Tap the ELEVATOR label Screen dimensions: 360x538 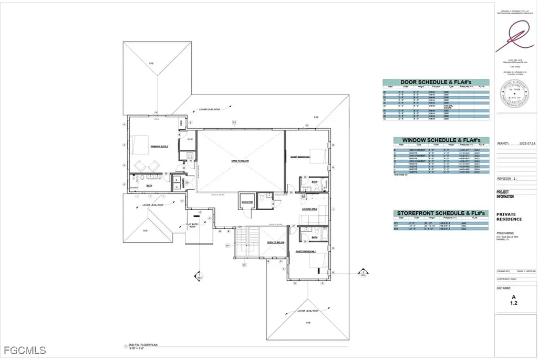[x=247, y=202]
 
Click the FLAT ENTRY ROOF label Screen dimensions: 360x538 [x=193, y=225]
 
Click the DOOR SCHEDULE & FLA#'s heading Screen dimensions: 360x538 [x=436, y=83]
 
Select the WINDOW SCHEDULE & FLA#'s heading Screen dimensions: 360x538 [x=441, y=141]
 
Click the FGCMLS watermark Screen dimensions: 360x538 [x=24, y=350]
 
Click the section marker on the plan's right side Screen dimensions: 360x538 [x=363, y=272]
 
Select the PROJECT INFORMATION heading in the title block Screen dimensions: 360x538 [x=506, y=194]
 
